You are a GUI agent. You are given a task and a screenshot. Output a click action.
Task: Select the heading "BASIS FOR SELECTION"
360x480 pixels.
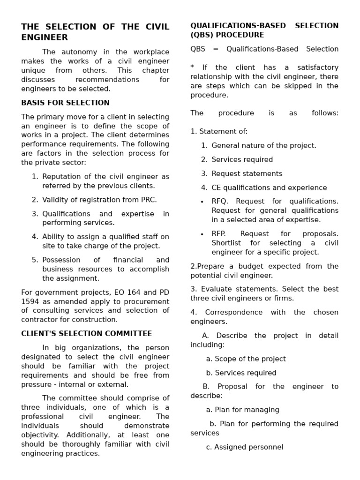point(65,103)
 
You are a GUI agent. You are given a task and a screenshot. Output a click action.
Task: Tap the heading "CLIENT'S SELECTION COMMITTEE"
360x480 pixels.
point(86,334)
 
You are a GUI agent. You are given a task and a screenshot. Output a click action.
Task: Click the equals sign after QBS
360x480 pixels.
point(216,49)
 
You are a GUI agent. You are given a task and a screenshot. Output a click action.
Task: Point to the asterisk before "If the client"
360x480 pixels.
point(192,67)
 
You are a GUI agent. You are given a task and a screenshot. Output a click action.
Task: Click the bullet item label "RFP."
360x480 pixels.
point(219,234)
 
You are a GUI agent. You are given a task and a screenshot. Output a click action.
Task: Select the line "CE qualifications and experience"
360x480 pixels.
point(269,188)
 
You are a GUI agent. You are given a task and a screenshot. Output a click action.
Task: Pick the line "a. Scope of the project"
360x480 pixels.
point(246,359)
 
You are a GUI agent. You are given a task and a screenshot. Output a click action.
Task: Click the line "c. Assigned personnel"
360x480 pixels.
point(244,447)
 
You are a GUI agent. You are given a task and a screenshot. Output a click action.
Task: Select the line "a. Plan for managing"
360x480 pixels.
point(242,410)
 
